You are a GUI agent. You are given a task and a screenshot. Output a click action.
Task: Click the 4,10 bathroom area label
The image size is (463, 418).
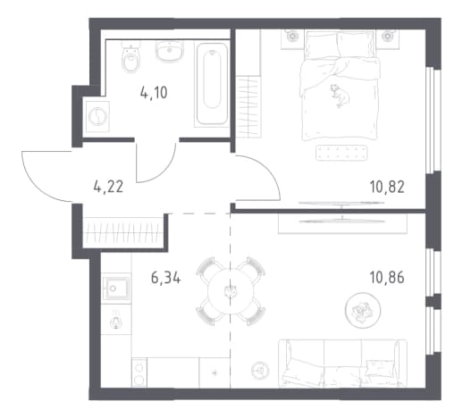click(154, 93)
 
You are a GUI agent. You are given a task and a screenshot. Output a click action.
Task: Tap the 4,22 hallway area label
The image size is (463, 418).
click(108, 188)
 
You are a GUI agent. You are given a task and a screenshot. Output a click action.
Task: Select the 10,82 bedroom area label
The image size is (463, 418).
click(387, 188)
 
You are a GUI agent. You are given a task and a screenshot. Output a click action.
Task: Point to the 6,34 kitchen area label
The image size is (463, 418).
click(166, 278)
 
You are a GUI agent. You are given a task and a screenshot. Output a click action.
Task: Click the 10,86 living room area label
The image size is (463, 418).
click(387, 278)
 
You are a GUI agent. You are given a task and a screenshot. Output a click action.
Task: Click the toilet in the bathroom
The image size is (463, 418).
click(131, 57)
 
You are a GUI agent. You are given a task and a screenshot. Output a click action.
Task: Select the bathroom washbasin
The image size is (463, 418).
click(170, 51)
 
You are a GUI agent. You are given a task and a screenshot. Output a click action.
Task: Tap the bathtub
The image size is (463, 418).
click(212, 84)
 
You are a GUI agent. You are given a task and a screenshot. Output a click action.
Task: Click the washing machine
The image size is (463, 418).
click(97, 116)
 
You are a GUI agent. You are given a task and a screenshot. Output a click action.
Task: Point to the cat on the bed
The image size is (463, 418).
click(340, 96)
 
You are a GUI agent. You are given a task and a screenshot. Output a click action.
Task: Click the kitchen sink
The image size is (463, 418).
click(116, 288)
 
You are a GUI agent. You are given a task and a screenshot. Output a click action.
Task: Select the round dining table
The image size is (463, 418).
click(230, 290)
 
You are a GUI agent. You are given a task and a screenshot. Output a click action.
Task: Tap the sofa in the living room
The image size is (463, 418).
click(342, 364)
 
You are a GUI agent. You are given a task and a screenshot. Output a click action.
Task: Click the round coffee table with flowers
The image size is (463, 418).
click(363, 311)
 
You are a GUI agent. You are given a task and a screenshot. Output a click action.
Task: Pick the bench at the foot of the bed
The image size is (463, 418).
click(341, 153)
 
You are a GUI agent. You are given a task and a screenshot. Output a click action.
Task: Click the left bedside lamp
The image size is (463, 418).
click(292, 36)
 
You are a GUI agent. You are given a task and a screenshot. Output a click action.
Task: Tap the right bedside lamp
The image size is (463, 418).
click(388, 36)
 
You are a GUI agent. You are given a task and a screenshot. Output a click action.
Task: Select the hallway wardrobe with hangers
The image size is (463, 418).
click(123, 232)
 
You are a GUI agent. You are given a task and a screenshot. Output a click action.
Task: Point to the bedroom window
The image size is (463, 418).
click(432, 120)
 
